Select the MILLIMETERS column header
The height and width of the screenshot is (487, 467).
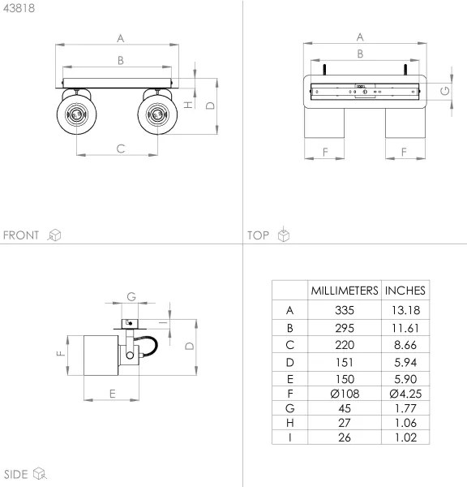[345, 291]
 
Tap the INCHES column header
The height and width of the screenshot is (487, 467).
[405, 291]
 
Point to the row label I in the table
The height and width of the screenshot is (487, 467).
[290, 437]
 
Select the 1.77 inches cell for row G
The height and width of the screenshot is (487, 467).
[405, 408]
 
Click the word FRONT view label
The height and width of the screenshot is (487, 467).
[21, 235]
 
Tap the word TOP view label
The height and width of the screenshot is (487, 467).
[259, 235]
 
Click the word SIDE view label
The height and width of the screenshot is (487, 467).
[16, 474]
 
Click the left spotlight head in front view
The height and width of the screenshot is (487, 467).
[75, 113]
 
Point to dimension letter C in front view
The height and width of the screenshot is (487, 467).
[120, 148]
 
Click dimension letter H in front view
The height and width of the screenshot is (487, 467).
[187, 105]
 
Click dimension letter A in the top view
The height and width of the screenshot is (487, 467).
[360, 37]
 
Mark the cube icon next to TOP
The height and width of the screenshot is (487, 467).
[283, 235]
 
